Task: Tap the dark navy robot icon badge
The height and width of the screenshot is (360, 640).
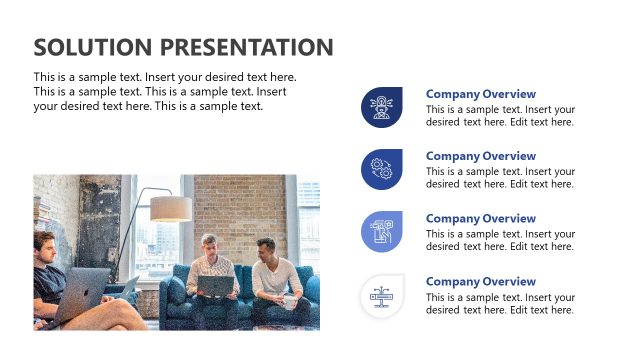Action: point(381,107)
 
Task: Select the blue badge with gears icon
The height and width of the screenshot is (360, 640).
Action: point(381,169)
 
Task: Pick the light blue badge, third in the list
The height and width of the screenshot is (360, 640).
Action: point(381,232)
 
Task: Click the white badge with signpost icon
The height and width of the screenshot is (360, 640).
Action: point(381,295)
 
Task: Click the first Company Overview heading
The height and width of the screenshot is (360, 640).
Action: point(480,94)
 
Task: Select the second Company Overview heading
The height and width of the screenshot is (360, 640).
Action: point(480,156)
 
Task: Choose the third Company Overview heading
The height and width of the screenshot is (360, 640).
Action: point(480,219)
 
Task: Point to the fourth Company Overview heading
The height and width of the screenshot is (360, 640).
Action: point(480,282)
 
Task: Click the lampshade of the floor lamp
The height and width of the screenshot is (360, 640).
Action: point(171,208)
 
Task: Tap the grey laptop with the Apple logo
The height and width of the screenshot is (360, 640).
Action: point(88,290)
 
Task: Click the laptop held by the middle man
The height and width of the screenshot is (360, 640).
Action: point(217,287)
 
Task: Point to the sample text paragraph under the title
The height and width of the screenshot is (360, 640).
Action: point(165,91)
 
